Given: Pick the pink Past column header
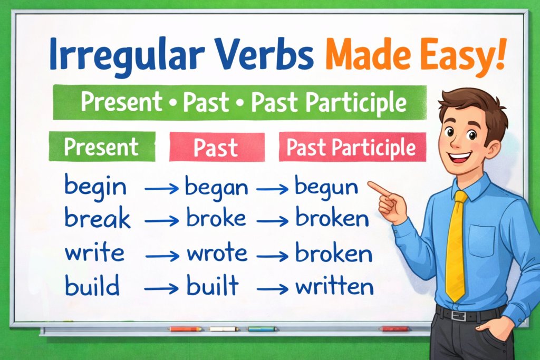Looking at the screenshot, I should tap(216, 148).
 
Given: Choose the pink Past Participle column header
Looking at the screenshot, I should tap(351, 148).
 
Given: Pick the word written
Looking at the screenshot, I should tap(334, 287).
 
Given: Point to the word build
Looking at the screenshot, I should tap(92, 287).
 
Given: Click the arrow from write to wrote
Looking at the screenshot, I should tap(162, 256).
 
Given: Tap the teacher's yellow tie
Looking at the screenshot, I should tap(457, 248).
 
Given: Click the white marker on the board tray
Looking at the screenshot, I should tap(224, 329).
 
